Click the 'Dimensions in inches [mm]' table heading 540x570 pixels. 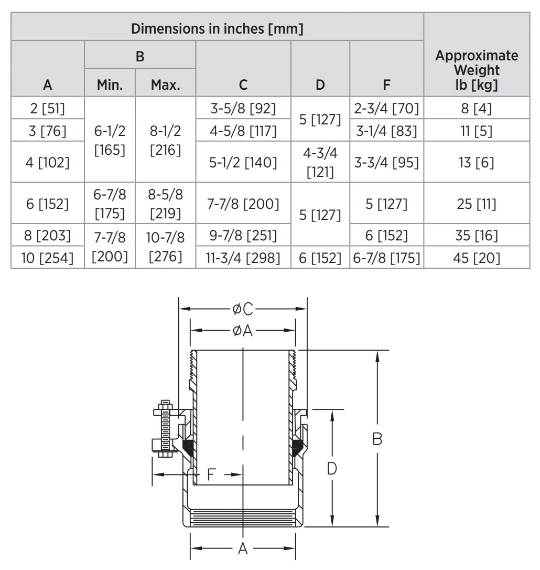217,29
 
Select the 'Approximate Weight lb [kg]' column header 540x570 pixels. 477,70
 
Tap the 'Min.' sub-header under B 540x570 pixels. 110,85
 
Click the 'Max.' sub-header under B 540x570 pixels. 165,85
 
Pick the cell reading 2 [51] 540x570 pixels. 47,108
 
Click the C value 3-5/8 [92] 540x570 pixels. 243,108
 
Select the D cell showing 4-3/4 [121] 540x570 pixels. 320,162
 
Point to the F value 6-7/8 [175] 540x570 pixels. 386,258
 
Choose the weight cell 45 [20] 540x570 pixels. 477,258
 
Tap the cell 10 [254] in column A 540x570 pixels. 47,258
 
